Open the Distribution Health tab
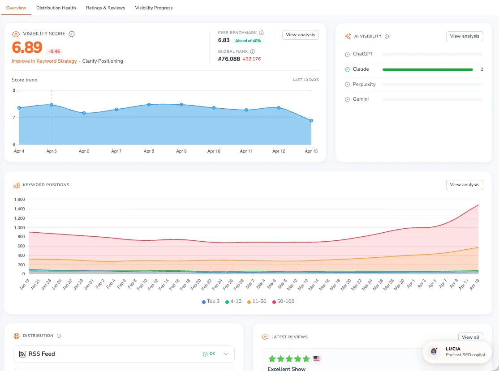point(56,8)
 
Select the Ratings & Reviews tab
point(105,8)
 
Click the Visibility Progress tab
point(154,8)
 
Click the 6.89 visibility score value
point(27,47)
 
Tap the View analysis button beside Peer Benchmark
point(300,35)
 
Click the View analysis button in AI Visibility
point(464,36)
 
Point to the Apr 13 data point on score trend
point(311,120)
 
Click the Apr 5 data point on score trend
point(52,105)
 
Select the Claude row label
point(361,69)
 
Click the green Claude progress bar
point(427,69)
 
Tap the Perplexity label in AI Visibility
point(364,85)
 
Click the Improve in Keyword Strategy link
point(44,61)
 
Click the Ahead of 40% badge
point(248,41)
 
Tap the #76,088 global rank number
point(229,59)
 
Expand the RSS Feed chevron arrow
point(226,354)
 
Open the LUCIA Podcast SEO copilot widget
point(457,352)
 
